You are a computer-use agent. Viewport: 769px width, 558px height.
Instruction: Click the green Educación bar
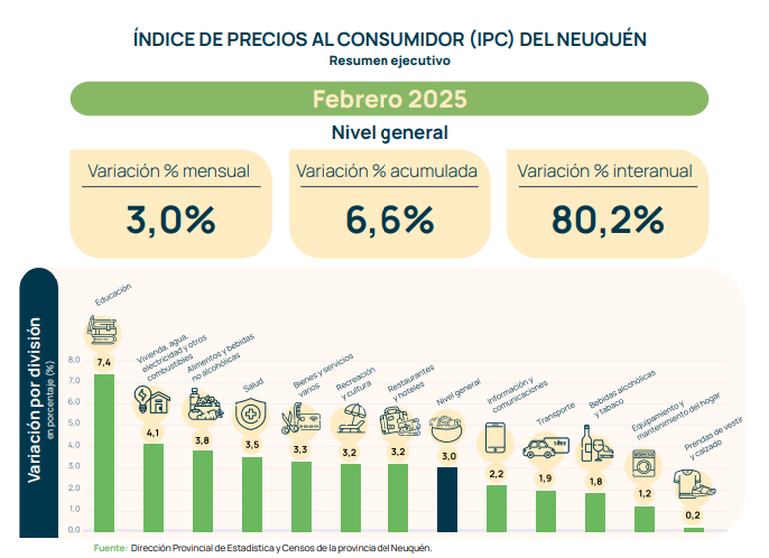point(104,451)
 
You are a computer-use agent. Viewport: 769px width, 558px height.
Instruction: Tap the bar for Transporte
point(546,510)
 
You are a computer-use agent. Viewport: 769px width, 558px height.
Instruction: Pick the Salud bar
point(252,493)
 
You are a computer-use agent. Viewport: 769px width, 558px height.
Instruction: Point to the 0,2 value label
point(693,515)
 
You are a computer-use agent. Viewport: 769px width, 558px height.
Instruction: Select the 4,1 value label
point(153,432)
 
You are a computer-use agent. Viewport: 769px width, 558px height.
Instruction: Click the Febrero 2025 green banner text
point(388,99)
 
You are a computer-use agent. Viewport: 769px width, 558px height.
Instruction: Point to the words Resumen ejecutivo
point(388,60)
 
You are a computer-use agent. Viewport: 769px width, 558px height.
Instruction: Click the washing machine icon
point(642,466)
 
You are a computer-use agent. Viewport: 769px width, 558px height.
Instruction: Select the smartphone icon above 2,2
point(496,438)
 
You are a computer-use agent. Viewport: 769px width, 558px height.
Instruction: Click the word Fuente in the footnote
point(110,548)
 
